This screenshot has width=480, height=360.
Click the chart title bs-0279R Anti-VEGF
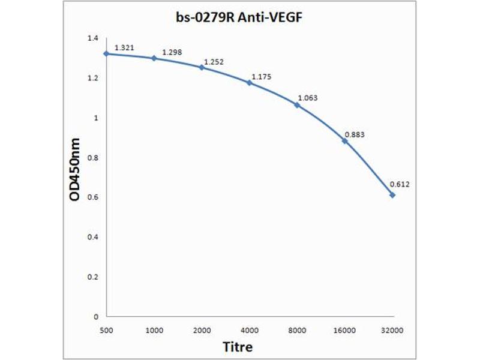click(x=239, y=18)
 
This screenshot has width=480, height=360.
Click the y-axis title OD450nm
click(x=76, y=177)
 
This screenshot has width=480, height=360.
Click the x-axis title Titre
click(x=238, y=347)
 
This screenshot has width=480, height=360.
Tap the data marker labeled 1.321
click(x=106, y=53)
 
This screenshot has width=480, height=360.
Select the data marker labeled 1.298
click(x=154, y=58)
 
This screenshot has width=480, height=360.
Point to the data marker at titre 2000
click(x=202, y=67)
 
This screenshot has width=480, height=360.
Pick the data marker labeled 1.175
click(x=250, y=82)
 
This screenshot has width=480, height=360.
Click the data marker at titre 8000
click(x=297, y=105)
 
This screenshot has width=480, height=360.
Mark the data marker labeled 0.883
click(x=345, y=140)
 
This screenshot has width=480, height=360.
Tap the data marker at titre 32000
click(x=392, y=194)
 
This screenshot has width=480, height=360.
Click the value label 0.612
click(x=400, y=184)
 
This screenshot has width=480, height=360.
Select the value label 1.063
click(x=308, y=97)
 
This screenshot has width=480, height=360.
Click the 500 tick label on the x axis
click(x=106, y=329)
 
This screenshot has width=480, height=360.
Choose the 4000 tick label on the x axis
click(x=250, y=329)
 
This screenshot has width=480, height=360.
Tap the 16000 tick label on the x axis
click(x=345, y=329)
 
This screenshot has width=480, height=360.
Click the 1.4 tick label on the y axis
click(x=92, y=38)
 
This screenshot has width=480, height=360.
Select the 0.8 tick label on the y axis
click(x=92, y=158)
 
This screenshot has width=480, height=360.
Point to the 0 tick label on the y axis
click(x=95, y=316)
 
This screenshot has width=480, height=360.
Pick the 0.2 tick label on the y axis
click(x=92, y=277)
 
